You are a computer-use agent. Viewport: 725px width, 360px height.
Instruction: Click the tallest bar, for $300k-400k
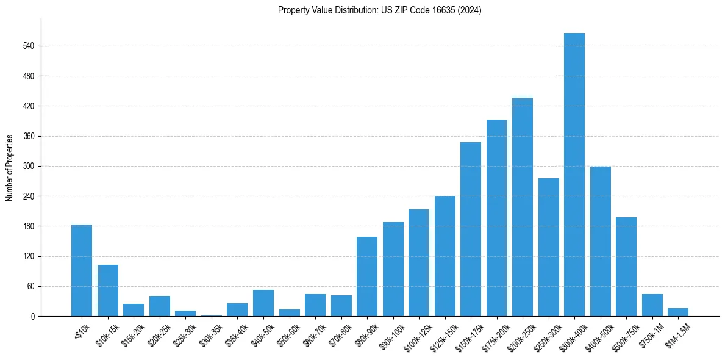(574, 175)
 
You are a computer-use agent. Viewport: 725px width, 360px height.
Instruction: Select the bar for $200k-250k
(522, 207)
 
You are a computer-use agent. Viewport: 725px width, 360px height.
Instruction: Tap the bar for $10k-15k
(108, 290)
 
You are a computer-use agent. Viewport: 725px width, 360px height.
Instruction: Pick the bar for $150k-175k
(470, 229)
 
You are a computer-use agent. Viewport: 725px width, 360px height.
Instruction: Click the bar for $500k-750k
(626, 267)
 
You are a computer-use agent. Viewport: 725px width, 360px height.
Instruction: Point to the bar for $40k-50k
(263, 303)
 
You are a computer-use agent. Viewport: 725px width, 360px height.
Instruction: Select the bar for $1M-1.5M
(677, 312)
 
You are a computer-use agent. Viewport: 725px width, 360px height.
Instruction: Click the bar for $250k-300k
(548, 247)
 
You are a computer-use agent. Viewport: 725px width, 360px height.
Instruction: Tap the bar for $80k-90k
(367, 276)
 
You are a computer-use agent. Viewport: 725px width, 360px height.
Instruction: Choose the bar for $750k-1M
(652, 305)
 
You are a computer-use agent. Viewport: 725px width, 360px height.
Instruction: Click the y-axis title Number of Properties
(9, 168)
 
